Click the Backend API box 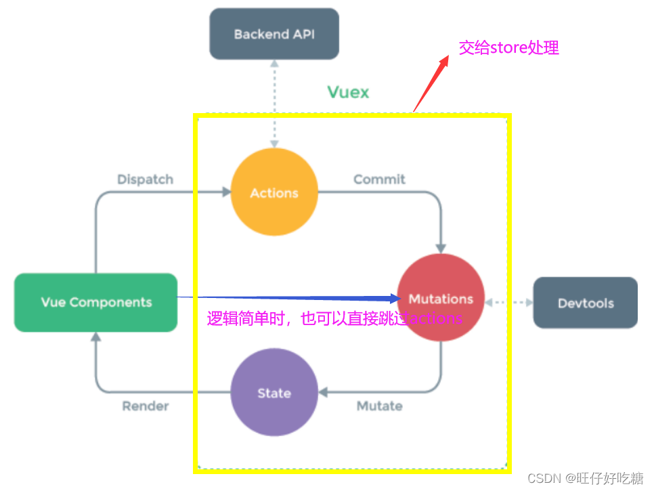pyautogui.click(x=274, y=34)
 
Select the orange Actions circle pyautogui.click(x=274, y=192)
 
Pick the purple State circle pyautogui.click(x=274, y=393)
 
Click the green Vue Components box pyautogui.click(x=96, y=302)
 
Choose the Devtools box pyautogui.click(x=586, y=303)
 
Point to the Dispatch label pyautogui.click(x=145, y=179)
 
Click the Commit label pyautogui.click(x=379, y=179)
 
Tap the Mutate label pyautogui.click(x=379, y=406)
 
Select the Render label pyautogui.click(x=146, y=406)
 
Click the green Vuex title pyautogui.click(x=349, y=92)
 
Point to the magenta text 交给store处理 pyautogui.click(x=509, y=48)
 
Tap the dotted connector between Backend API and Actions pyautogui.click(x=274, y=102)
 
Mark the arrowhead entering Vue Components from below pyautogui.click(x=95, y=337)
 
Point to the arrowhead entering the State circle pyautogui.click(x=323, y=392)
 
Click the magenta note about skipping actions pyautogui.click(x=334, y=318)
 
